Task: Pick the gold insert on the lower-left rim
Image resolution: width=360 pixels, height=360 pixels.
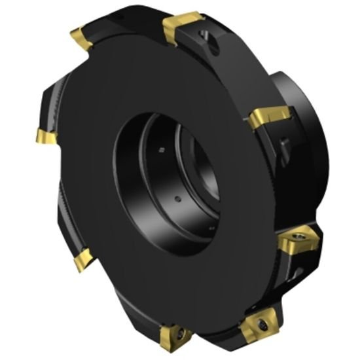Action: click(x=82, y=261)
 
